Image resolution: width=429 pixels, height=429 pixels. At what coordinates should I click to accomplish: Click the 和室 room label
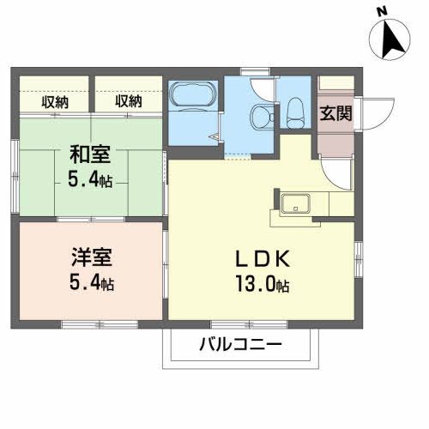[88, 156]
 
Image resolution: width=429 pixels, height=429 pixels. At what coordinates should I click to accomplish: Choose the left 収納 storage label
[55, 101]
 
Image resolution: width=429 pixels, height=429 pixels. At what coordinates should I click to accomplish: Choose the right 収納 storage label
[128, 101]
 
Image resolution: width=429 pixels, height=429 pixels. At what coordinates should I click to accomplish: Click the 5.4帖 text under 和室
[88, 180]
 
